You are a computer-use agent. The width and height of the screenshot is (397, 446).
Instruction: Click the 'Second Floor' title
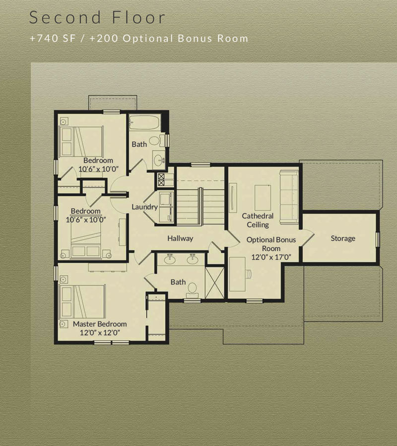tap(97, 17)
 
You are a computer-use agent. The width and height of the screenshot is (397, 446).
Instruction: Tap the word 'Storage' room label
tap(343, 238)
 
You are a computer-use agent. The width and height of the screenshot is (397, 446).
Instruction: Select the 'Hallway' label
tap(180, 238)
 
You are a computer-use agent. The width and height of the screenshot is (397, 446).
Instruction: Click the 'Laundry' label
tap(145, 207)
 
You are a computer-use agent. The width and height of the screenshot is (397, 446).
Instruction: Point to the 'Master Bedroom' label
tap(100, 324)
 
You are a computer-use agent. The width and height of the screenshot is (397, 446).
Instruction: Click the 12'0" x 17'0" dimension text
tap(271, 257)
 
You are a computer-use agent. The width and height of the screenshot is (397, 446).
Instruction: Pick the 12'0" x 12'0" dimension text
tap(100, 333)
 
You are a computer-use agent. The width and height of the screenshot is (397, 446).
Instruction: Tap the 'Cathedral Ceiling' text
tap(258, 220)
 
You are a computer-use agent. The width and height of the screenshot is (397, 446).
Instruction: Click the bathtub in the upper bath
tap(145, 122)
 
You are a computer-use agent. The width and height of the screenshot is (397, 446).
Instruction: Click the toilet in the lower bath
tap(193, 290)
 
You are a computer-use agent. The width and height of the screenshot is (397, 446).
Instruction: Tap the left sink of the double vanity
tap(170, 259)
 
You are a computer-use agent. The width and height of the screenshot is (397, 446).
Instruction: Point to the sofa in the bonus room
tap(289, 196)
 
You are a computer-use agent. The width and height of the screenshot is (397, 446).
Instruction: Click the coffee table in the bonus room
tap(263, 198)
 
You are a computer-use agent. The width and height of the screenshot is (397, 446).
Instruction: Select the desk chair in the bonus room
tap(249, 274)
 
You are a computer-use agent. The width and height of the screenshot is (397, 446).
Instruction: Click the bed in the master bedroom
tap(82, 301)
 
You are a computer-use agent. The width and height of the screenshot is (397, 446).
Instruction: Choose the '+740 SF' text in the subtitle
tap(53, 38)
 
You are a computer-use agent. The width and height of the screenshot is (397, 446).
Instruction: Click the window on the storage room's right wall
tap(378, 239)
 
